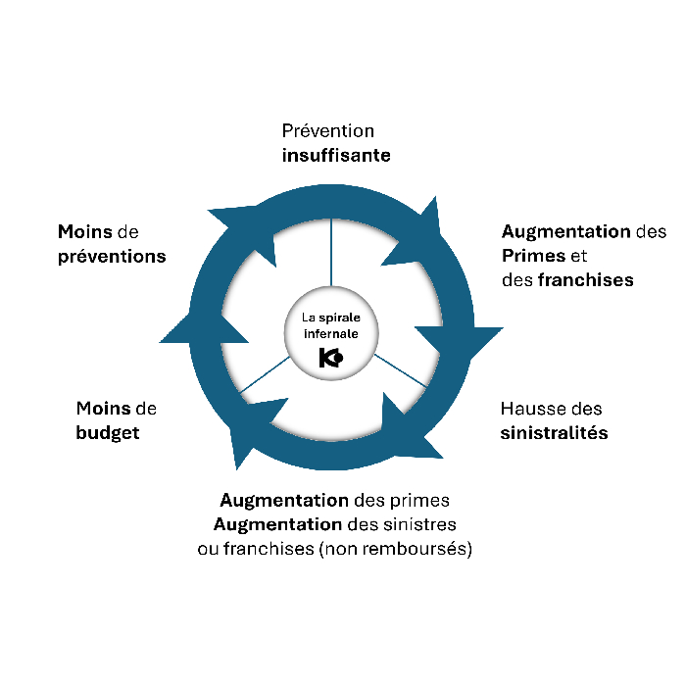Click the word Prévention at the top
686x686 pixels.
click(x=327, y=130)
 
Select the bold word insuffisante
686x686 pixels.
click(x=336, y=155)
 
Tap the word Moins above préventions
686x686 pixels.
click(x=84, y=232)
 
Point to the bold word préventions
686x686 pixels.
click(x=112, y=256)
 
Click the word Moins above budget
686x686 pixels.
click(x=102, y=409)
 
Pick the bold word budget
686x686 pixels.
click(x=108, y=432)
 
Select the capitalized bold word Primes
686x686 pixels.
click(x=534, y=256)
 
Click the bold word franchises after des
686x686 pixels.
click(x=585, y=280)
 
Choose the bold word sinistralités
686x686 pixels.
click(x=554, y=432)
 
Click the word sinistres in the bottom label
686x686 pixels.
click(x=422, y=524)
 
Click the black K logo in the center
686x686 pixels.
click(x=331, y=359)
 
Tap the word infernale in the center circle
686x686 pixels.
click(x=331, y=333)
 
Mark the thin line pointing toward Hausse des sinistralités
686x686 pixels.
click(x=401, y=369)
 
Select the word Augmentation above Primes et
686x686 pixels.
click(x=565, y=232)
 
